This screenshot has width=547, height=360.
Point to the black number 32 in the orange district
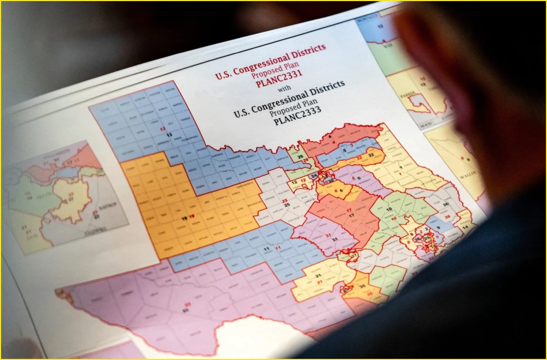click(x=370, y=155)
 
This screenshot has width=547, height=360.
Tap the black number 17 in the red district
click(x=351, y=216)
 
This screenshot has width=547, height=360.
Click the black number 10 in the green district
click(x=389, y=210)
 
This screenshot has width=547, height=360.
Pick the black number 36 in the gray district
click(x=446, y=204)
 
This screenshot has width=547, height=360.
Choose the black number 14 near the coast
click(x=465, y=227)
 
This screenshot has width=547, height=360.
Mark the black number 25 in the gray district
click(x=284, y=204)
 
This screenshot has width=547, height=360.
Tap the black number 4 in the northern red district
click(x=330, y=137)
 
